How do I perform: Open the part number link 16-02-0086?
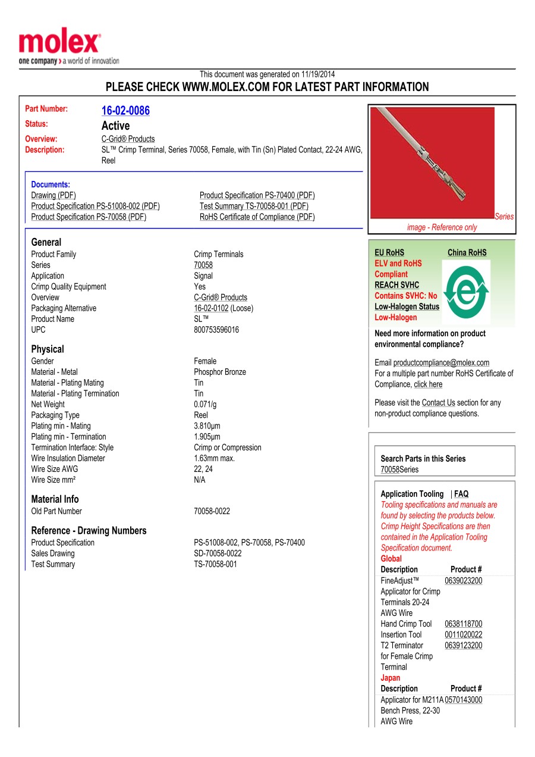tap(125, 111)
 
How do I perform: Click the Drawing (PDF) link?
tap(53, 195)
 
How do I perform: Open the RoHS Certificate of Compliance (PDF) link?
tap(257, 217)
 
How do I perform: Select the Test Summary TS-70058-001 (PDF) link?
tap(254, 206)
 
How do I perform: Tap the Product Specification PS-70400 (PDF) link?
tap(257, 195)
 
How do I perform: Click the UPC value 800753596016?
tap(216, 330)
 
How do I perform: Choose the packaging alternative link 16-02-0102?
tap(211, 308)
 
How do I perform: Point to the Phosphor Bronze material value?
tap(219, 372)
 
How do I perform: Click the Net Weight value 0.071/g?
tap(205, 405)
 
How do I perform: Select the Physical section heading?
tap(48, 349)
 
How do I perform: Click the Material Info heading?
tap(55, 499)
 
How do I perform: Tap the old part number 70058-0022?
tap(212, 511)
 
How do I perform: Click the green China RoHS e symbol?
tap(467, 290)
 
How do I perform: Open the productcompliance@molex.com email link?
tap(441, 363)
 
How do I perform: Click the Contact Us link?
tap(438, 403)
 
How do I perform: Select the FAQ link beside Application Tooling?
tap(461, 494)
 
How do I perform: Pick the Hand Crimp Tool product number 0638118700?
tap(463, 624)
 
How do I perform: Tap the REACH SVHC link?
tap(396, 285)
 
